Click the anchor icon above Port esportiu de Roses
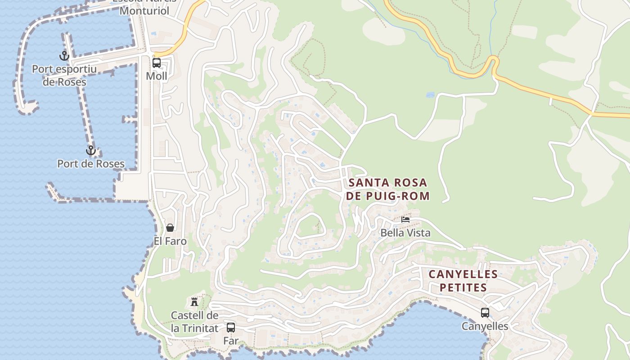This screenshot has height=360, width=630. coord(64,56)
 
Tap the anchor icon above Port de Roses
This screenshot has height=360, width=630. coord(91,150)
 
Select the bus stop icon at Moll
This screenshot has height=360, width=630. coord(157,63)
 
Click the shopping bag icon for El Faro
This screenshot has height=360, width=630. coord(170,228)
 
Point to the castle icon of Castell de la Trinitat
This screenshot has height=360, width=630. coord(194,301)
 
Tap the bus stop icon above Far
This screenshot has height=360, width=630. coord(231,328)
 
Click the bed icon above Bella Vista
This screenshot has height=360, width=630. coord(405,220)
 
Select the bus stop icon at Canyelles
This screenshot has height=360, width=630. coord(485,312)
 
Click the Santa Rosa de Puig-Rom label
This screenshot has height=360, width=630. coord(388,189)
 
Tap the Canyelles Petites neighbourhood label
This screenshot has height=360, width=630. coord(463,281)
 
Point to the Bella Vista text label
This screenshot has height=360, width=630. coord(405,233)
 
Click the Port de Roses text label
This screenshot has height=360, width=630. coord(91,164)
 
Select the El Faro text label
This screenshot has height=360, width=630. coord(170,241)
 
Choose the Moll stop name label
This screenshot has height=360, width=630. coord(157,76)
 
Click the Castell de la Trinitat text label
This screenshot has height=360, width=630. coord(194,322)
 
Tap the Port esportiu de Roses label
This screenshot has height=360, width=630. coord(64,76)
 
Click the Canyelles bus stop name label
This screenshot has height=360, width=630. coord(485,326)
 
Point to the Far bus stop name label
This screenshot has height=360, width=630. coord(231,341)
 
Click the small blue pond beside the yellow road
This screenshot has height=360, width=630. coord(430,95)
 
